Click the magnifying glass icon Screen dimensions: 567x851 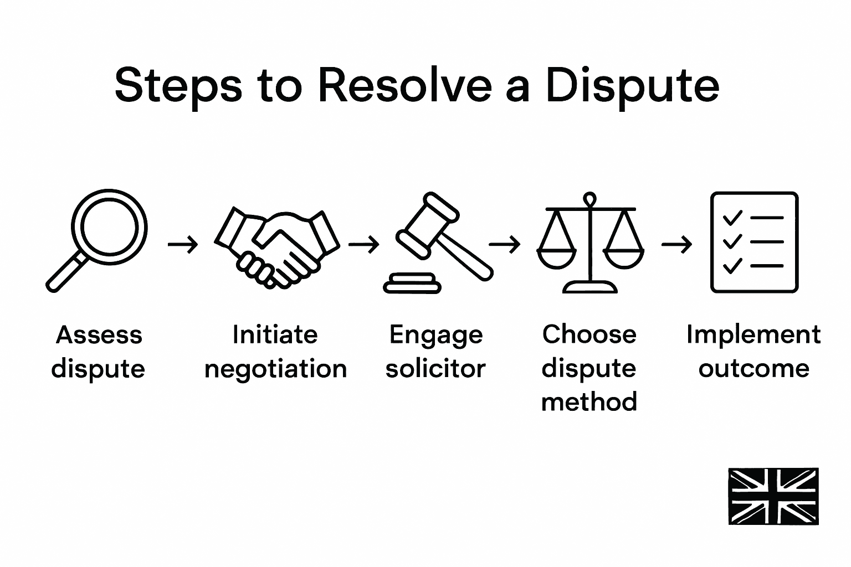tap(97, 240)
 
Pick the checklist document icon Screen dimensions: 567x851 tap(754, 242)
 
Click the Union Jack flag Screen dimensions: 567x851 tap(773, 496)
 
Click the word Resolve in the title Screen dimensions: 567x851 tap(405, 86)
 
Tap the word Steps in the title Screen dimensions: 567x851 tap(178, 86)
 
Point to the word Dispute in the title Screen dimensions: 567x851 tap(632, 86)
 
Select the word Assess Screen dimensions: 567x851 tap(99, 335)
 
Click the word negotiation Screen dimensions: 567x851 tap(275, 369)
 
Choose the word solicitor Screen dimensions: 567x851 tap(435, 369)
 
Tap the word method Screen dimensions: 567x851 tap(589, 401)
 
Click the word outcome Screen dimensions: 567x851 tap(753, 369)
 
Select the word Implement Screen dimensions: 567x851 tap(753, 335)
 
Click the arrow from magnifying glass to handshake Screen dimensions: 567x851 tap(182, 244)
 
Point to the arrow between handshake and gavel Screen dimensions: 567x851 tap(364, 244)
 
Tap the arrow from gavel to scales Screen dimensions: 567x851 tap(505, 244)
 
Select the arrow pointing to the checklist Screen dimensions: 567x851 tap(676, 244)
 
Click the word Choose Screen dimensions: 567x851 tap(589, 334)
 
